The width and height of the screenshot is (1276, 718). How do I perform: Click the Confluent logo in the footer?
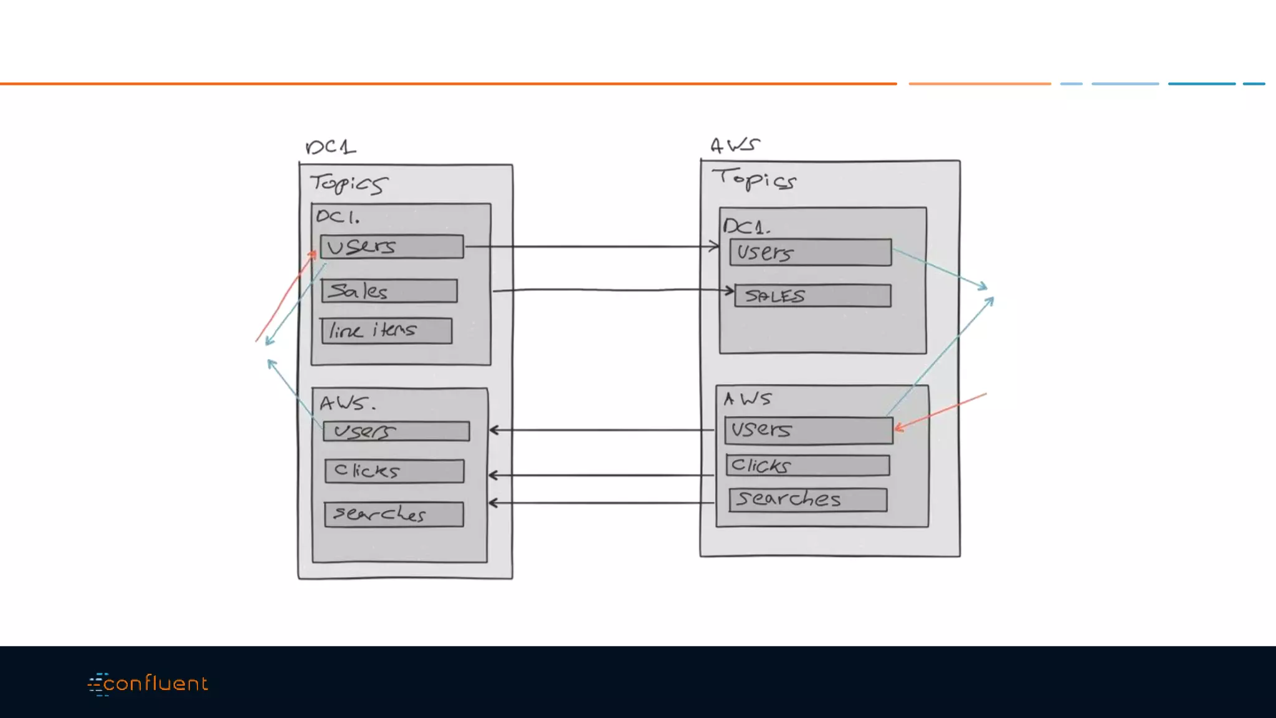pyautogui.click(x=148, y=684)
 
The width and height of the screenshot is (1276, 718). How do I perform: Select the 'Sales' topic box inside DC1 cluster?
pyautogui.click(x=389, y=291)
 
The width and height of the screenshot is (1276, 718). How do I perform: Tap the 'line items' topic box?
pyautogui.click(x=387, y=330)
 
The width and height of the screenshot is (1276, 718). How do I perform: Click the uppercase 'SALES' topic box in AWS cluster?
pyautogui.click(x=812, y=295)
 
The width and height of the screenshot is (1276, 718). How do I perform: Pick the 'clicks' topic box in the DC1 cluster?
pyautogui.click(x=394, y=471)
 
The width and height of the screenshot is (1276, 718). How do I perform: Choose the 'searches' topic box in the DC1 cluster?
pyautogui.click(x=394, y=514)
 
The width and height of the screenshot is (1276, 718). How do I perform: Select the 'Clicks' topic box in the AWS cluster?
pyautogui.click(x=807, y=466)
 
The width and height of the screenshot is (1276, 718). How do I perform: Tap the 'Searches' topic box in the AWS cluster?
pyautogui.click(x=808, y=500)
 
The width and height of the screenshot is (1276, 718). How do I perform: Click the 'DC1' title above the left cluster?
pyautogui.click(x=331, y=147)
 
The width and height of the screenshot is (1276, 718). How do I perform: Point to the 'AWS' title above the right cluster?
pyautogui.click(x=735, y=145)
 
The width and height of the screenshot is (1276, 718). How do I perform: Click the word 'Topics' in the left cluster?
pyautogui.click(x=349, y=183)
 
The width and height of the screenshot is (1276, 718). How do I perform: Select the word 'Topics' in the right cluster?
pyautogui.click(x=754, y=179)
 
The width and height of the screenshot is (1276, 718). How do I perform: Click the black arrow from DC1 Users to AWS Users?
pyautogui.click(x=592, y=247)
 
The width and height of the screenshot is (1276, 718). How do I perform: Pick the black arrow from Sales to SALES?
pyautogui.click(x=611, y=290)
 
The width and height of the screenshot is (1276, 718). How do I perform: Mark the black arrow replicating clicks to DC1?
pyautogui.click(x=601, y=476)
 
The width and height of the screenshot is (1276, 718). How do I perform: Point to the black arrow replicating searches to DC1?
pyautogui.click(x=601, y=503)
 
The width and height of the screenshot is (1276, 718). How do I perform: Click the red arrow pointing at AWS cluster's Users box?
pyautogui.click(x=941, y=411)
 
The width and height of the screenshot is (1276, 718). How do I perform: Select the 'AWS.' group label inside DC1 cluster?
pyautogui.click(x=347, y=403)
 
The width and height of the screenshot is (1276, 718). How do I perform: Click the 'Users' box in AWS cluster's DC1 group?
pyautogui.click(x=811, y=252)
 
